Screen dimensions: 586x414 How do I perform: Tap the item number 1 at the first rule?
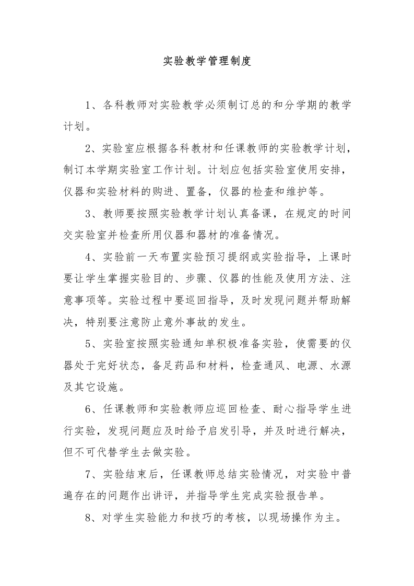tap(88, 105)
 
